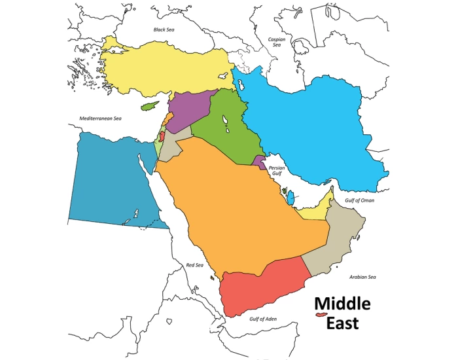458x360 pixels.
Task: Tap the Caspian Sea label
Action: tap(276, 42)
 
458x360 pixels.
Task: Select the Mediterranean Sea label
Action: tap(101, 119)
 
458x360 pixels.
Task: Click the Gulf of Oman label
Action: tap(359, 200)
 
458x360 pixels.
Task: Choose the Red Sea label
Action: tap(195, 265)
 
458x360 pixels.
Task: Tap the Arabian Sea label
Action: tap(362, 277)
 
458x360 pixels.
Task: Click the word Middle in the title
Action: tap(342, 304)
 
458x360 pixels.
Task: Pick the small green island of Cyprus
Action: tap(152, 104)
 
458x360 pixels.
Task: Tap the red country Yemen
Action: tap(262, 288)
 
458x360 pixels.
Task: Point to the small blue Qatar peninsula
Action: tap(291, 196)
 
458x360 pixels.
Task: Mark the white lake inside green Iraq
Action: tap(224, 122)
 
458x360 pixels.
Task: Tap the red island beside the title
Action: tap(321, 315)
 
